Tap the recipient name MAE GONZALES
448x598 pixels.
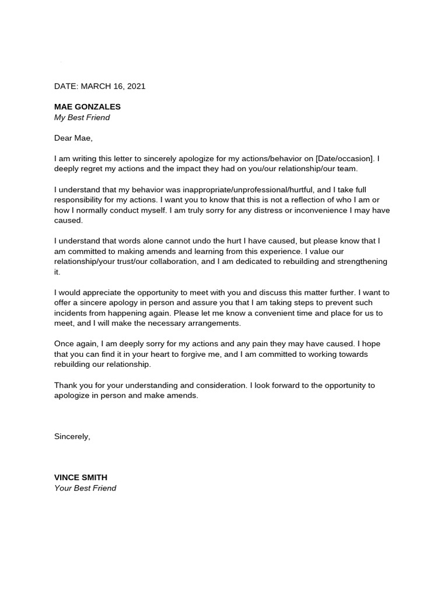click(87, 107)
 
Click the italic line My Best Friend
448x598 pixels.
click(82, 117)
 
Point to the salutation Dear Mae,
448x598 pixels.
click(73, 138)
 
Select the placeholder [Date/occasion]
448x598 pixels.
click(343, 159)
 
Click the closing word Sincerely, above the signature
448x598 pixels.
click(72, 436)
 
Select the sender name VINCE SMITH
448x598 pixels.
click(80, 478)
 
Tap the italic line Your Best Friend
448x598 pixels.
click(85, 488)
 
